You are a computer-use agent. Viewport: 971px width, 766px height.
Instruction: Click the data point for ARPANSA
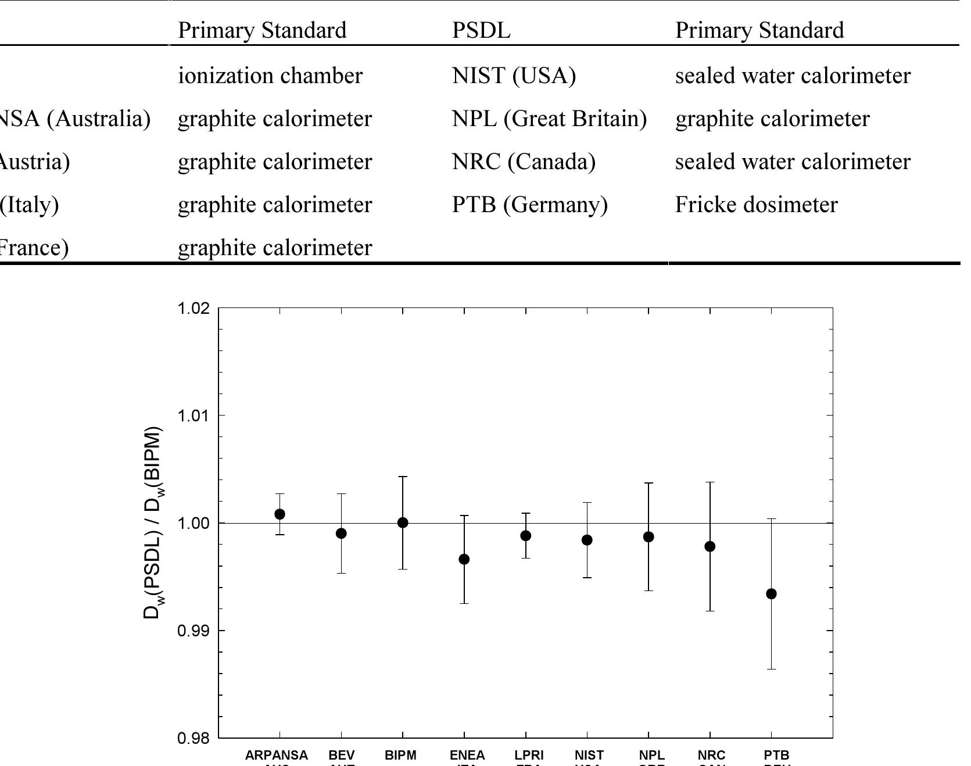[x=280, y=514]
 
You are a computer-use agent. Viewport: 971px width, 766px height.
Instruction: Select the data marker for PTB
[x=771, y=594]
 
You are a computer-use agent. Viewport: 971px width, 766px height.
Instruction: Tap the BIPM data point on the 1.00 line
[x=403, y=523]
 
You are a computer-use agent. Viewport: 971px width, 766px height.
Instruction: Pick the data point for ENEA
[x=464, y=559]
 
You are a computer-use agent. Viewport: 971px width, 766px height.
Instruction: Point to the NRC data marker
[x=710, y=546]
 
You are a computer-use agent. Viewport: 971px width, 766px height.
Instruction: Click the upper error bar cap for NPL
[x=648, y=483]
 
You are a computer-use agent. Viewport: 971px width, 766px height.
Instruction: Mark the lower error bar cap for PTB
[x=771, y=669]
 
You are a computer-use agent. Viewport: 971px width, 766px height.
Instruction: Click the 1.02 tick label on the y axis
[x=193, y=308]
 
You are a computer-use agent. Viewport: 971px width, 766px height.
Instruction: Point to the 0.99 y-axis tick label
[x=193, y=631]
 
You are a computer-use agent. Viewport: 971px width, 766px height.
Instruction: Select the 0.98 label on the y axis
[x=193, y=738]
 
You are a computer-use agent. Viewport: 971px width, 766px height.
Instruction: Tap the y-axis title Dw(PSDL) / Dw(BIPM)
[x=152, y=523]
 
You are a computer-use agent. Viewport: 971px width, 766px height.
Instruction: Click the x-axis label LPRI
[x=529, y=755]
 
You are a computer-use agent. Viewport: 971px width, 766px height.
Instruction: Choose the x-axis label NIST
[x=589, y=755]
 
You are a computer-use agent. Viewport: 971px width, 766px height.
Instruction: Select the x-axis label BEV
[x=341, y=755]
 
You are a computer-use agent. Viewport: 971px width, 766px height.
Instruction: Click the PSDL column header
[x=481, y=30]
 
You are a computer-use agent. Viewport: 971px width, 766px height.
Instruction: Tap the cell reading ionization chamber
[x=270, y=76]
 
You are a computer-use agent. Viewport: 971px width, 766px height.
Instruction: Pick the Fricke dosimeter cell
[x=756, y=205]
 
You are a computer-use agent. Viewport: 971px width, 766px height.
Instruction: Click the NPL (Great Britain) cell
[x=549, y=119]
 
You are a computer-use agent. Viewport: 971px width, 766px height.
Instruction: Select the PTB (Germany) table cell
[x=530, y=205]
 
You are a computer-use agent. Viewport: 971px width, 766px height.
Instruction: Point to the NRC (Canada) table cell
[x=524, y=162]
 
